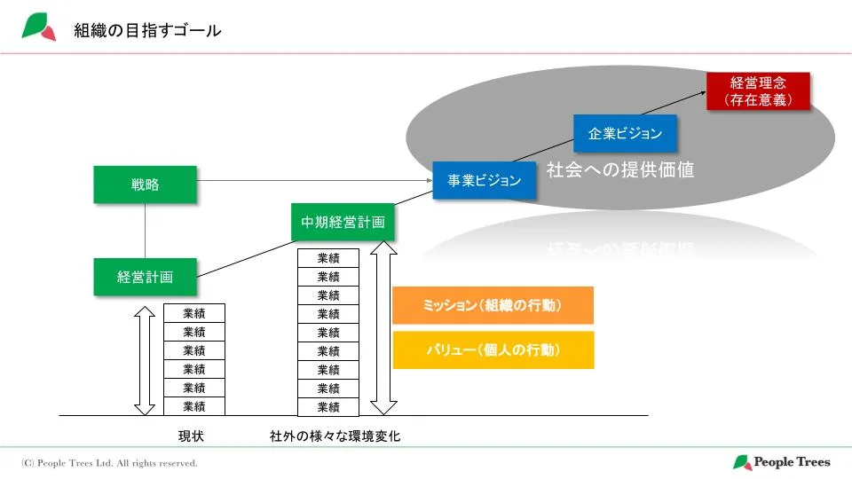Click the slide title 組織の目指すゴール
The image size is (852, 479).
[x=147, y=31]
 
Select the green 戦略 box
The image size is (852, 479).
[x=145, y=185]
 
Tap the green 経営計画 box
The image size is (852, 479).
[x=145, y=277]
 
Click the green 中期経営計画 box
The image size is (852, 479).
[x=343, y=222]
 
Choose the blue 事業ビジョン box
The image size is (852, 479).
[x=484, y=181]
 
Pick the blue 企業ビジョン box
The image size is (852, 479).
[x=625, y=134]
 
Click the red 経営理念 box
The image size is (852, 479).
[x=758, y=90]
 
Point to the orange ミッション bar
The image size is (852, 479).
[x=493, y=306]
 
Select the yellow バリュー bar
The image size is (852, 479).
[x=493, y=350]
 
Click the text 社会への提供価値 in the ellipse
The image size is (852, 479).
[x=619, y=169]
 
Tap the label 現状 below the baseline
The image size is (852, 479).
[x=192, y=436]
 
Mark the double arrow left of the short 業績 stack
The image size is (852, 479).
[x=143, y=358]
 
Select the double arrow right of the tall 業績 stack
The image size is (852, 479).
[x=383, y=328]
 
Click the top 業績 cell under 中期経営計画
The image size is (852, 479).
[x=328, y=258]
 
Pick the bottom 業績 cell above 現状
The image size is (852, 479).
[x=194, y=406]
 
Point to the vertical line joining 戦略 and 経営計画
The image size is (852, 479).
[x=145, y=231]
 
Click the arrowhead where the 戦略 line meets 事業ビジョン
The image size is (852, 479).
[x=429, y=181]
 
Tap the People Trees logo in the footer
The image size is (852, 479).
[x=781, y=462]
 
